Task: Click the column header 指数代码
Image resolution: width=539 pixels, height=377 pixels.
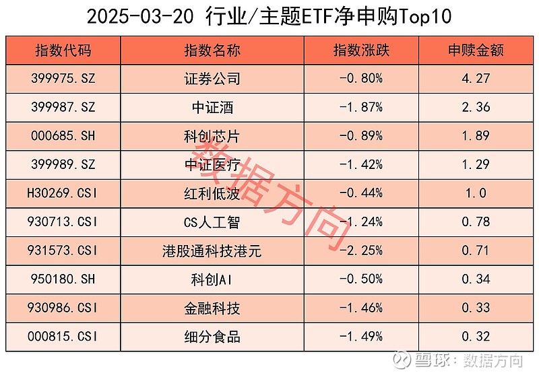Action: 63,50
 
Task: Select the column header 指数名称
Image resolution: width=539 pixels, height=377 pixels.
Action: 212,50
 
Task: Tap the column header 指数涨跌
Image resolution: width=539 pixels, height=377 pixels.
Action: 361,50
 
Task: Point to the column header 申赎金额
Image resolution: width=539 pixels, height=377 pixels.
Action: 476,50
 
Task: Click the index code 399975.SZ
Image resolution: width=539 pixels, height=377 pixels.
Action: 63,79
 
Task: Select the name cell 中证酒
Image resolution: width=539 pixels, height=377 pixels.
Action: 212,107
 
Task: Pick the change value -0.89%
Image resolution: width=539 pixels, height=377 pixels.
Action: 361,136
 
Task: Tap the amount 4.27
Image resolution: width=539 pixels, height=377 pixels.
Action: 476,79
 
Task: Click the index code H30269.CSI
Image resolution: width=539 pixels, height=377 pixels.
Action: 63,194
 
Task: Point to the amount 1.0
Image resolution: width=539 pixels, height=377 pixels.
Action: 476,194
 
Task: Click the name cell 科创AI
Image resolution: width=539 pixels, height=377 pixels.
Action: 212,280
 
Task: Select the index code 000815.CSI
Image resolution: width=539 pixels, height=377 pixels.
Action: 63,337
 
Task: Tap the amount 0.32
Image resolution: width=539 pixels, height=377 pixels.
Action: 476,337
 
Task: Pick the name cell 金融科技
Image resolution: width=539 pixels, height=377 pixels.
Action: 212,309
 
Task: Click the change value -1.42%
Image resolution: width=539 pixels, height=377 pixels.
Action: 361,165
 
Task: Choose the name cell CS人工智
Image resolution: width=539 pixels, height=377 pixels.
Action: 212,223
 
